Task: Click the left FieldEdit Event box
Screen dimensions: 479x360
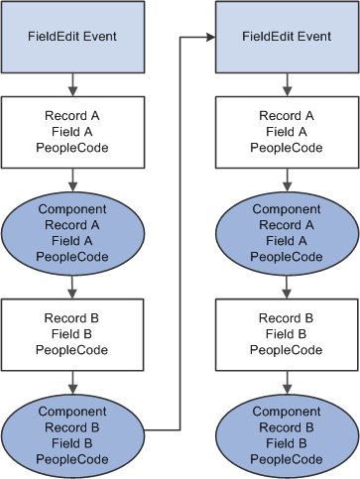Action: point(71,37)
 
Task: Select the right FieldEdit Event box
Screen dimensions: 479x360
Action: point(287,37)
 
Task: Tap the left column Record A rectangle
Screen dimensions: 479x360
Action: point(71,131)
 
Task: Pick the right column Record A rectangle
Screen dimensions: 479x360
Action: point(287,131)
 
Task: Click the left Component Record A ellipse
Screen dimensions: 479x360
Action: point(71,232)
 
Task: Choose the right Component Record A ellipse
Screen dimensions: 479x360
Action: point(287,232)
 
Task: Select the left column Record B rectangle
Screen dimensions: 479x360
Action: point(71,334)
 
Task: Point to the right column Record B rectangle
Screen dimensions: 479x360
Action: point(287,334)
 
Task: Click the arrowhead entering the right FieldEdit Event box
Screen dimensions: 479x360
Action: point(211,38)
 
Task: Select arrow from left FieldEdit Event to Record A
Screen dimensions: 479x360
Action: point(71,83)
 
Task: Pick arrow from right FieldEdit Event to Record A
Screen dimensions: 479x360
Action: point(287,83)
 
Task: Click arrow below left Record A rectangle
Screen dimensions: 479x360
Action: point(71,180)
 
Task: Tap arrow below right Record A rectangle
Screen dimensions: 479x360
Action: point(287,180)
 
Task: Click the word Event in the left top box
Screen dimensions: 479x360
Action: point(99,37)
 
